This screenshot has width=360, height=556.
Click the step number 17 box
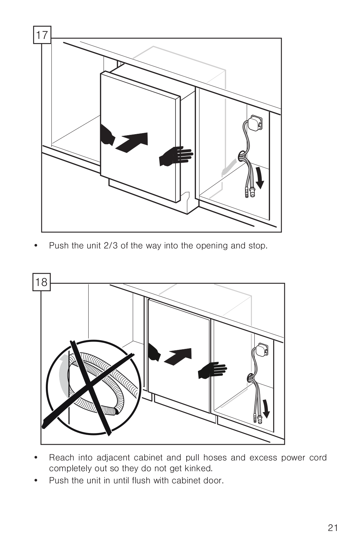tap(42, 35)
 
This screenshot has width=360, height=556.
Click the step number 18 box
tap(42, 282)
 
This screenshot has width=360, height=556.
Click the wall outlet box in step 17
tap(255, 123)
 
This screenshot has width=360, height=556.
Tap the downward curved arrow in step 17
tap(259, 178)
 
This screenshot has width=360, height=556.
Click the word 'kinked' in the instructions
tap(198, 468)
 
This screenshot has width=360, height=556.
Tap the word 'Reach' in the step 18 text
tap(62, 458)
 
